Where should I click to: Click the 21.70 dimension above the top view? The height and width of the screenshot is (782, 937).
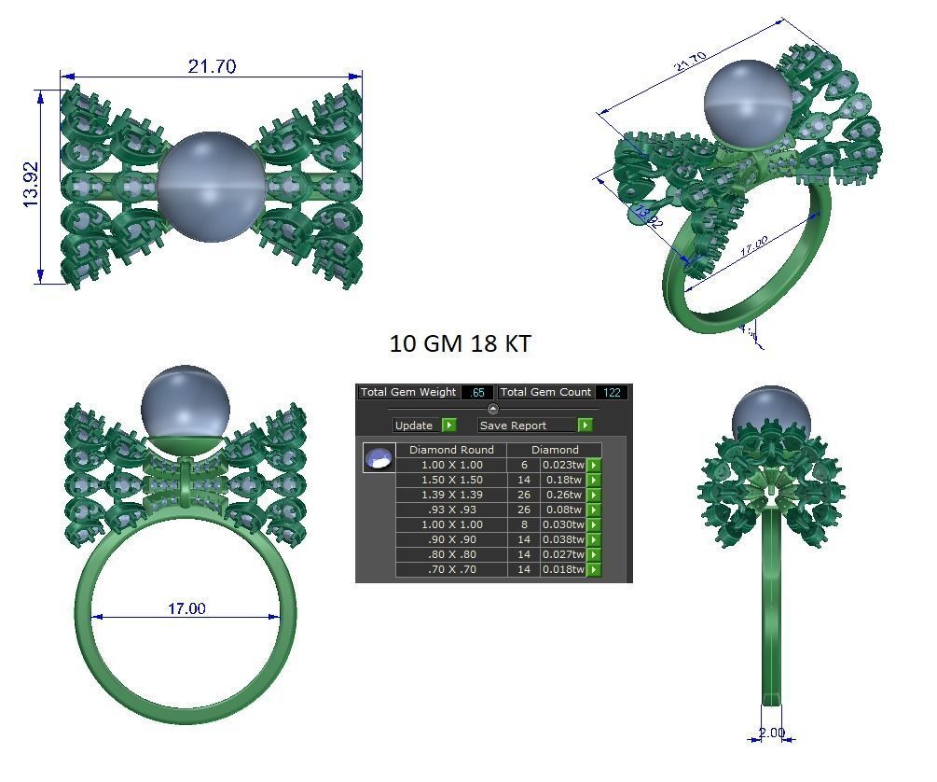[x=212, y=66]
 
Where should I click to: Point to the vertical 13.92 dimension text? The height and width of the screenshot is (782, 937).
[x=30, y=185]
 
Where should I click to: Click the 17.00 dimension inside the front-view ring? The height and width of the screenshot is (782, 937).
[x=186, y=608]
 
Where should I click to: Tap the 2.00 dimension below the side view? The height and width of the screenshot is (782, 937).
[x=772, y=733]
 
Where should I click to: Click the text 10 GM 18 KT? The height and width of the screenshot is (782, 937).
[x=460, y=343]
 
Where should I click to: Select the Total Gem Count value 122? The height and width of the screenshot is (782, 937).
[x=611, y=393]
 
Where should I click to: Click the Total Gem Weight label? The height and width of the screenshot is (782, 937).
[x=408, y=393]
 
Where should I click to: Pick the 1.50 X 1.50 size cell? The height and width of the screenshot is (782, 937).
[x=451, y=480]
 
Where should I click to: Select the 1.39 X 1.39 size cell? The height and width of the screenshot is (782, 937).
[x=451, y=495]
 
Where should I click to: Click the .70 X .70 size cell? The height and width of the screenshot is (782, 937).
[x=451, y=569]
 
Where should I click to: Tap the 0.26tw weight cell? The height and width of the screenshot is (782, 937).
[x=563, y=495]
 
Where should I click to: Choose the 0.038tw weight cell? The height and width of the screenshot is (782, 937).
[x=563, y=539]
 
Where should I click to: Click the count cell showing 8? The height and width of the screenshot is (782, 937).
[x=524, y=524]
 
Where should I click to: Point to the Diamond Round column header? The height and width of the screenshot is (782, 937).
[x=451, y=450]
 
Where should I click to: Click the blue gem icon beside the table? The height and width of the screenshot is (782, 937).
[x=378, y=458]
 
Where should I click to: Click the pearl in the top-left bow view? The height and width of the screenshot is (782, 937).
[x=210, y=186]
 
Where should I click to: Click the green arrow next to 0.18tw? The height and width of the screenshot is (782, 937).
[x=594, y=480]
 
